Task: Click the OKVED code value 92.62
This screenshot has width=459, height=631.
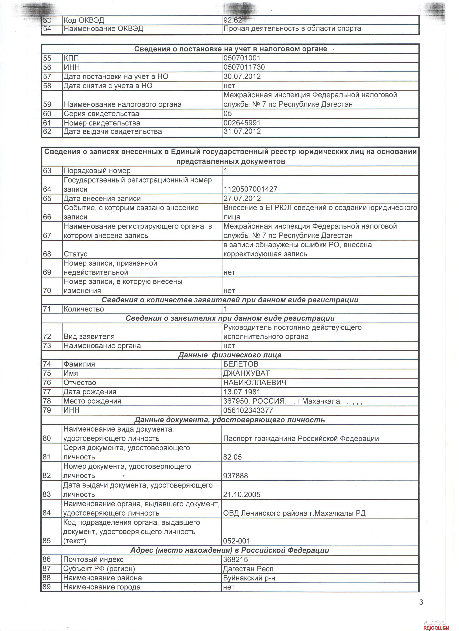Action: point(233,20)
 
